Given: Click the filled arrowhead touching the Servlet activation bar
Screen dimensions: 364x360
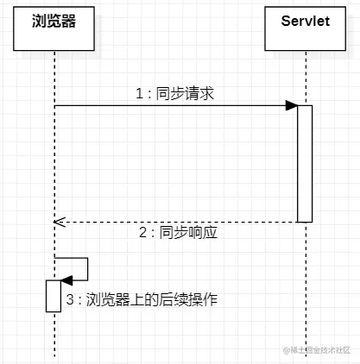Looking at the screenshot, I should coord(292,106).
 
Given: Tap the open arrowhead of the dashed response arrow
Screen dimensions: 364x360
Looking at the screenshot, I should coord(59,222).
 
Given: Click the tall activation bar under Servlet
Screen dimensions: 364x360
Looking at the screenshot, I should coord(304,164).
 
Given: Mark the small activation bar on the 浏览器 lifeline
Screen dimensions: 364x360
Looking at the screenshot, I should coord(54,295).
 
